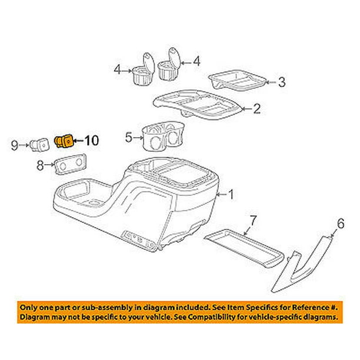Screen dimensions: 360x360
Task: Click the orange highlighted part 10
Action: point(64,141)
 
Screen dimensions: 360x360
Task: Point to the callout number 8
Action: point(41,166)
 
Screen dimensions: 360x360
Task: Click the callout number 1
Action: point(231,194)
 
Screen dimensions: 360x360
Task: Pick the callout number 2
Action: point(256,108)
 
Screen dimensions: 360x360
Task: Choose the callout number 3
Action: point(282,82)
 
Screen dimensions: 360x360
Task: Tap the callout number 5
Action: point(129,139)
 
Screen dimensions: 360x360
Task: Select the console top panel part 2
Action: point(199,106)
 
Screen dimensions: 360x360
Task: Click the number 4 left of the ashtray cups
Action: point(118,71)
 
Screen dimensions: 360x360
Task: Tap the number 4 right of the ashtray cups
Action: point(197,60)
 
